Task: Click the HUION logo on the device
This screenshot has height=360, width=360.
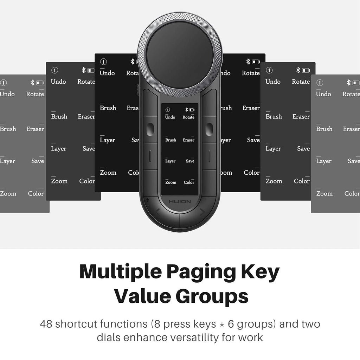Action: (x=180, y=202)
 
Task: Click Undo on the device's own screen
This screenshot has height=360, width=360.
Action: (x=170, y=117)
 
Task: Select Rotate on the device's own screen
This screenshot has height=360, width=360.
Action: (x=188, y=117)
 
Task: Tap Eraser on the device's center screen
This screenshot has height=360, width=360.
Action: (x=188, y=140)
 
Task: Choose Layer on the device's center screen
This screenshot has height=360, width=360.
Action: (x=170, y=161)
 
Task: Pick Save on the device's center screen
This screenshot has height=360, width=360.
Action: (x=190, y=161)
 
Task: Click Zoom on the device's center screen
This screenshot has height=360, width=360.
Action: (x=171, y=182)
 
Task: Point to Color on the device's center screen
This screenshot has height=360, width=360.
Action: (x=189, y=182)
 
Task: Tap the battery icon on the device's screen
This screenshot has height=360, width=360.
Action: (x=192, y=110)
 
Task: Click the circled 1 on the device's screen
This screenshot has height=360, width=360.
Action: (x=168, y=110)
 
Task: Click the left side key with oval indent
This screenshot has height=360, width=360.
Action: (x=150, y=129)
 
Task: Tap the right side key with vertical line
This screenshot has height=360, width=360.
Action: (x=209, y=156)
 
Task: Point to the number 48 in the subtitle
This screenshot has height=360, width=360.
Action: (x=46, y=323)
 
